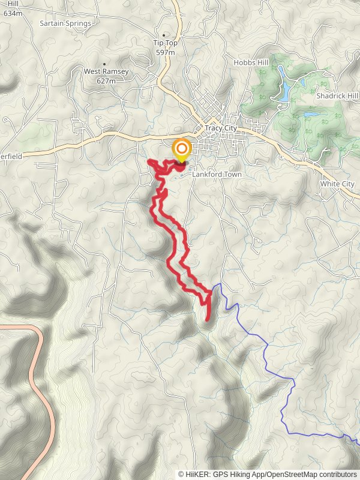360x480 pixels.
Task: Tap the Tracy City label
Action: tap(221, 128)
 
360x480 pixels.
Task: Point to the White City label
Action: tap(337, 183)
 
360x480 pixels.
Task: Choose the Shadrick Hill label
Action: tap(337, 96)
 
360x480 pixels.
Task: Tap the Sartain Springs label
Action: tap(65, 23)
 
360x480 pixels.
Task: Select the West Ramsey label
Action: tap(106, 71)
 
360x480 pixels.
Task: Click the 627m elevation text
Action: tap(106, 80)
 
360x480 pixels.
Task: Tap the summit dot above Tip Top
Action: tap(164, 35)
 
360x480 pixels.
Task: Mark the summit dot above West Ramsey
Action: tap(104, 64)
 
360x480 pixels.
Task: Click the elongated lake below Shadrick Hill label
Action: tap(310, 114)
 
